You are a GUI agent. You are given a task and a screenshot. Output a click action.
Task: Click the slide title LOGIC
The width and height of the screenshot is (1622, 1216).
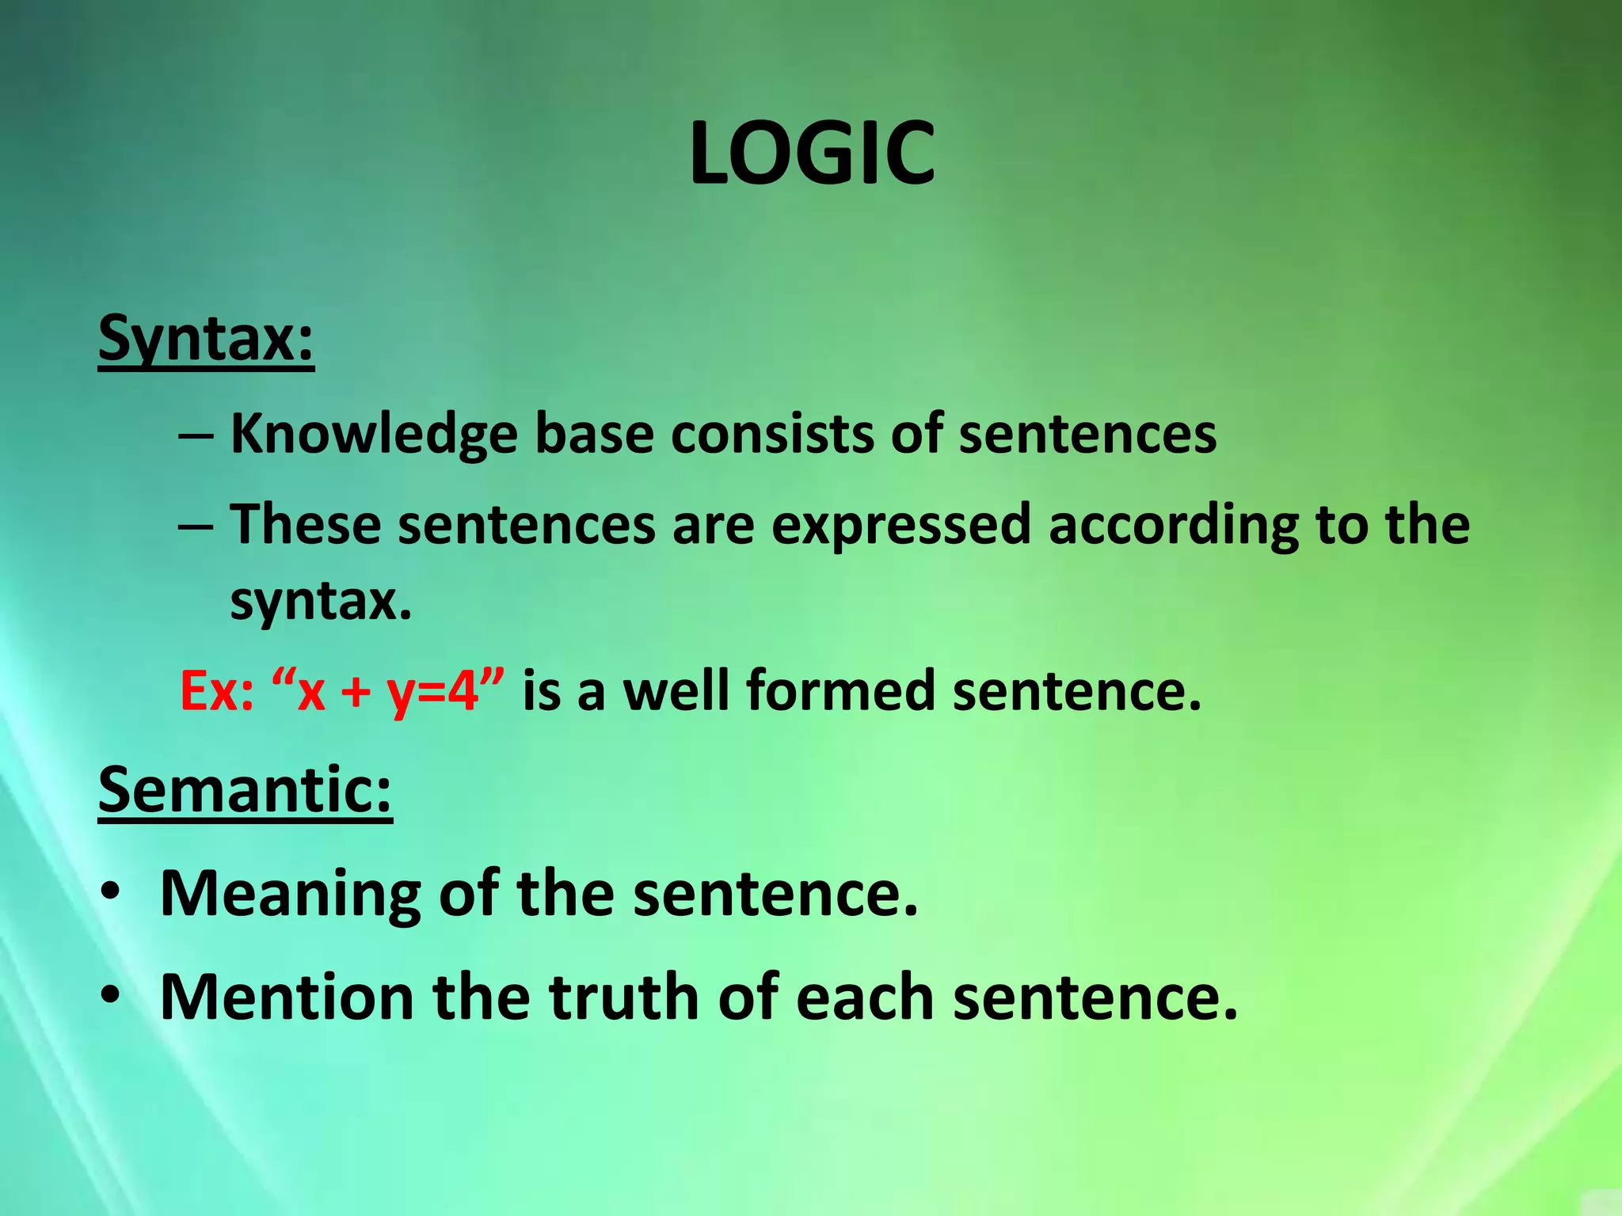click(x=811, y=154)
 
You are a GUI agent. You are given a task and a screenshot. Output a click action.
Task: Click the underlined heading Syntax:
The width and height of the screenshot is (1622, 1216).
click(x=206, y=339)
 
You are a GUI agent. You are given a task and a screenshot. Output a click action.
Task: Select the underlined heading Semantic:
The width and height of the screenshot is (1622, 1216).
click(x=245, y=790)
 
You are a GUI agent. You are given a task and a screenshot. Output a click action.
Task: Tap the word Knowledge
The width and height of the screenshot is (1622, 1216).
click(x=374, y=435)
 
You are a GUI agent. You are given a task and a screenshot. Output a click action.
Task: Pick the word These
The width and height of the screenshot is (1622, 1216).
click(x=305, y=525)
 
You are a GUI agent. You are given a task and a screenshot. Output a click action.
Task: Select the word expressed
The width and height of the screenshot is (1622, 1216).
click(x=900, y=526)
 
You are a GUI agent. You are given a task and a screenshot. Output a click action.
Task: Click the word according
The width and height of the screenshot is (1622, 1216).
click(x=1173, y=526)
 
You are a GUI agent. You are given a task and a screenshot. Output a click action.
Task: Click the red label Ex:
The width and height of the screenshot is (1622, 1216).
click(x=216, y=691)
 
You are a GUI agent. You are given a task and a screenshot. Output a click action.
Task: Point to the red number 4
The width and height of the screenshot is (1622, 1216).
click(x=464, y=691)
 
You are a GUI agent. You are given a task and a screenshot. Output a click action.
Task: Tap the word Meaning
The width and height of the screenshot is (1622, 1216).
click(x=290, y=895)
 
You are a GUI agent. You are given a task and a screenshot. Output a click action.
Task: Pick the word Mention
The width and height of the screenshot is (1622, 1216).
click(x=287, y=997)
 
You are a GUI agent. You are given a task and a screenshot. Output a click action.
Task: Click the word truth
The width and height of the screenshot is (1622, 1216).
click(x=625, y=997)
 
